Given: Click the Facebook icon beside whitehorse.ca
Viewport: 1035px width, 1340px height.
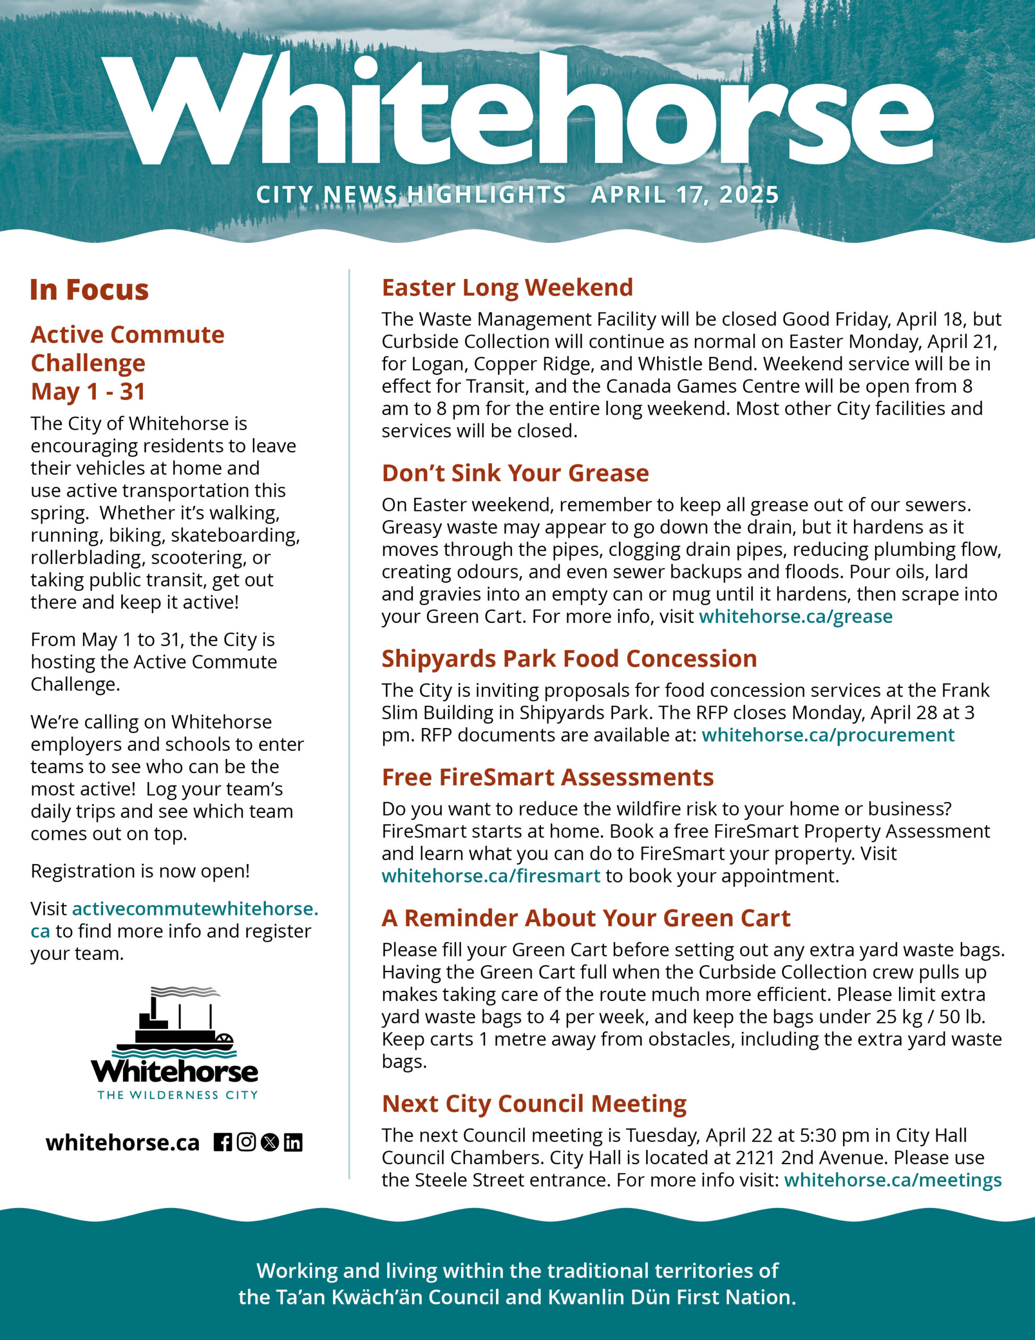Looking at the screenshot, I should click(223, 1143).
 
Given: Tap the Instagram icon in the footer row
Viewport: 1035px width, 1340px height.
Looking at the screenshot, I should click(246, 1143).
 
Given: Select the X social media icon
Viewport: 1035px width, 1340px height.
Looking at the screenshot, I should click(270, 1143).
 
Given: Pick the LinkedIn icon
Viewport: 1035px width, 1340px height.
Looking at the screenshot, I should click(293, 1143).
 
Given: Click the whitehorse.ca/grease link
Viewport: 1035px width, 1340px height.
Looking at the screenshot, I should click(796, 616).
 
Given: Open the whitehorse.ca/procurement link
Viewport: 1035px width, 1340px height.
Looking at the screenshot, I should click(828, 735).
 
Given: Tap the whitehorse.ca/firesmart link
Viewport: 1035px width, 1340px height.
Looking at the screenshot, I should click(491, 876).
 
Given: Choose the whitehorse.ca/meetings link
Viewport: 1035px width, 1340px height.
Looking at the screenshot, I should click(893, 1180).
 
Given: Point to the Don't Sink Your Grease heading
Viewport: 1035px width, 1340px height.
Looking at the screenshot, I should click(515, 473).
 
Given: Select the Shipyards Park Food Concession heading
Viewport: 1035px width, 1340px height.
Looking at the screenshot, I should click(569, 659).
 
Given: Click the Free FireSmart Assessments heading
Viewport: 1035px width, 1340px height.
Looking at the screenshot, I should click(548, 777).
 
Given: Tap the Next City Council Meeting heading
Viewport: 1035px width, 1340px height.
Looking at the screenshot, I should click(534, 1104).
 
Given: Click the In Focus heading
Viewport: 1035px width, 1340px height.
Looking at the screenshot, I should click(89, 290).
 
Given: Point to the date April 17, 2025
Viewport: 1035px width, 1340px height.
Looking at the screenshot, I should click(685, 195).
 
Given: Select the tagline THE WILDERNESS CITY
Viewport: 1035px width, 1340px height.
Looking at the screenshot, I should click(178, 1095).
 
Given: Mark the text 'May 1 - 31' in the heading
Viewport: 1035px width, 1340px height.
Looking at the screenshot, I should click(88, 392).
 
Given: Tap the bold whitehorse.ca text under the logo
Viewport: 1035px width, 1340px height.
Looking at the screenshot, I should click(122, 1143).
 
